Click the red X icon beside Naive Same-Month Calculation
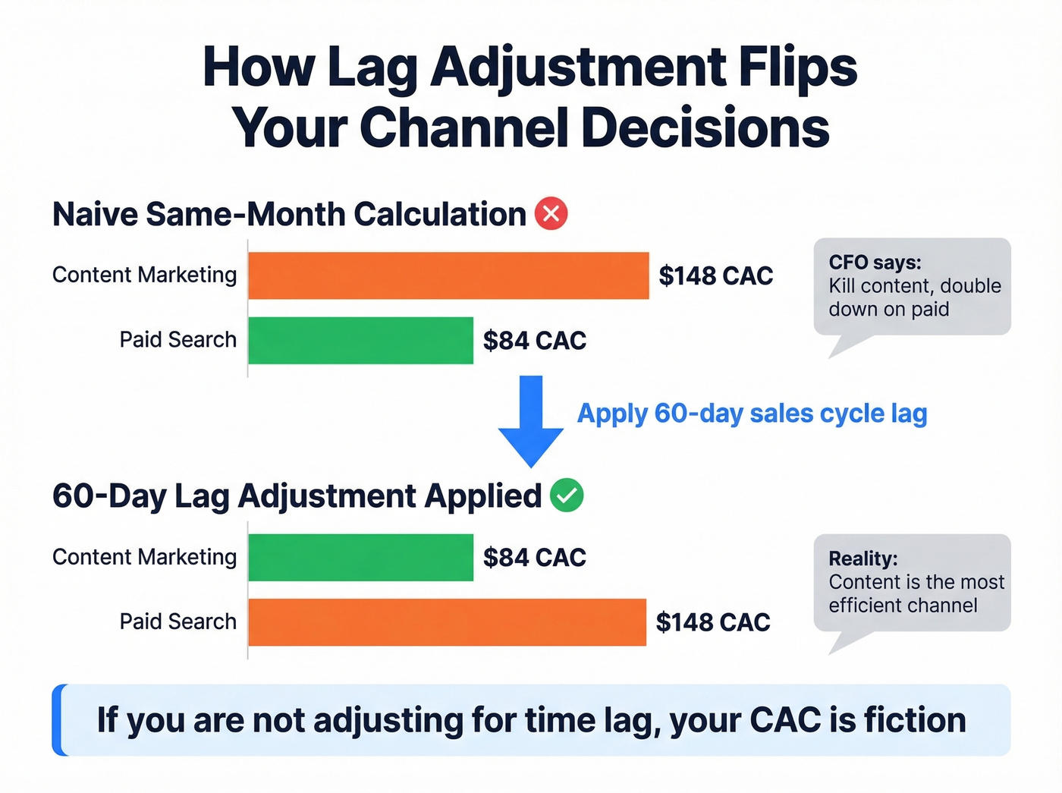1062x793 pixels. tap(551, 214)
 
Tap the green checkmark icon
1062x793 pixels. tap(567, 496)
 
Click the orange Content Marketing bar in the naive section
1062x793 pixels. tap(448, 275)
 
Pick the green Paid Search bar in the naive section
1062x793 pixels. tap(360, 340)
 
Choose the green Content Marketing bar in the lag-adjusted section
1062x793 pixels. tap(360, 557)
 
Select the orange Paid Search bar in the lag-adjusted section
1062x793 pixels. tap(447, 622)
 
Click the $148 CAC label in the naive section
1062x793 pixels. tap(715, 275)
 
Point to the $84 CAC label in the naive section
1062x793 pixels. tap(535, 341)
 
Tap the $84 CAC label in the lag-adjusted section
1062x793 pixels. tap(535, 558)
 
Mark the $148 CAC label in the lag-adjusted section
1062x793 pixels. tap(713, 622)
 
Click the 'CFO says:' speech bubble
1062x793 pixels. tap(912, 287)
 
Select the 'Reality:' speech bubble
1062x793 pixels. tap(912, 583)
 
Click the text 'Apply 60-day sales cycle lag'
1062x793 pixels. tap(752, 414)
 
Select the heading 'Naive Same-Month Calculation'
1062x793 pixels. tap(289, 214)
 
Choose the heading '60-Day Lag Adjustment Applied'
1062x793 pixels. tap(297, 496)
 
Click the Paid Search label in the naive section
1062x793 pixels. tap(178, 339)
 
